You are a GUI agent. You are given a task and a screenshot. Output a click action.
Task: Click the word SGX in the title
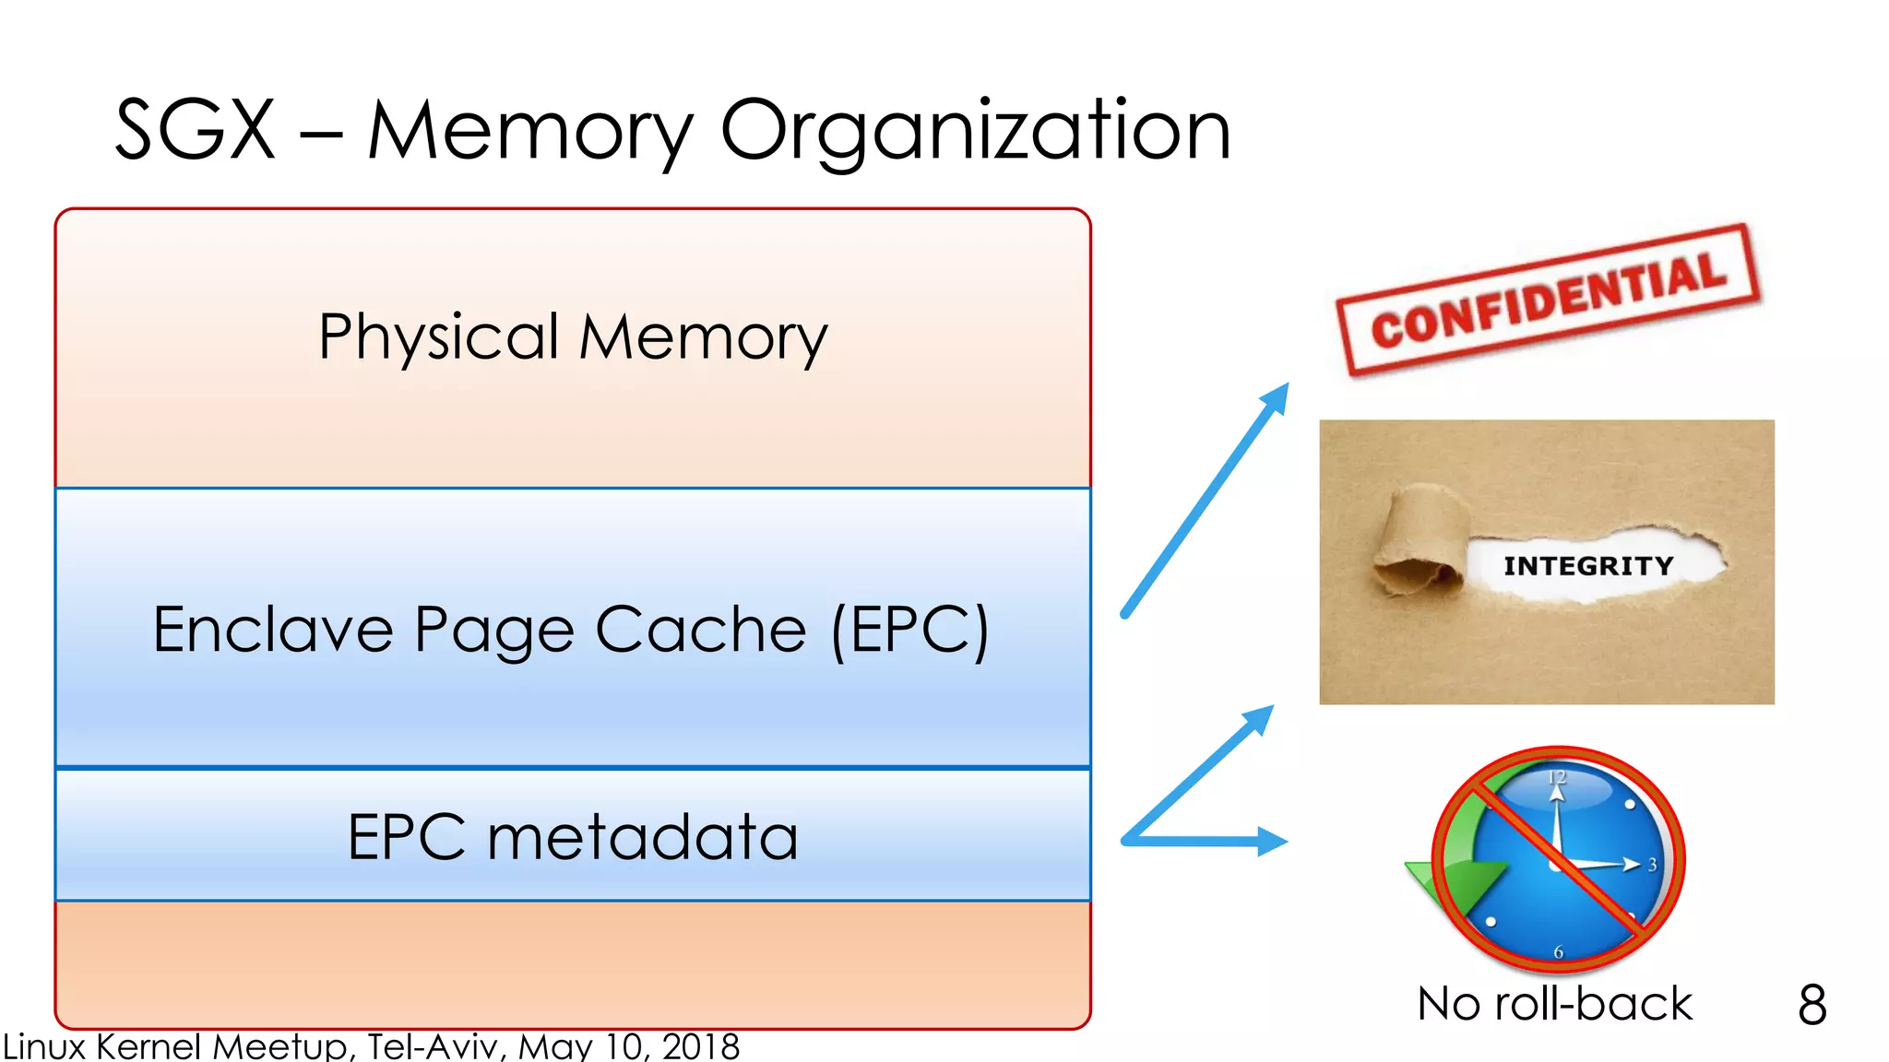point(195,131)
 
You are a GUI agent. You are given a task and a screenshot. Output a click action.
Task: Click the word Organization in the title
point(975,131)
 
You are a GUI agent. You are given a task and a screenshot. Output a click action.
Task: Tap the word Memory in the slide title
point(530,131)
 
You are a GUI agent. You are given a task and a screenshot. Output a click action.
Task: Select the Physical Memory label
point(573,337)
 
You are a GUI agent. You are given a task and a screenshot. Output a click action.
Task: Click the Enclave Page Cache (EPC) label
point(571,631)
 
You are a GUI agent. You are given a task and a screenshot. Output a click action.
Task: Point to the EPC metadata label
point(573,837)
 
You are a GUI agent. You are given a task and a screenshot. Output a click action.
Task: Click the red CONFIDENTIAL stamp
point(1549,301)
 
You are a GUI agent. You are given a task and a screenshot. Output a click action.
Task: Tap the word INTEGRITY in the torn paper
point(1588,566)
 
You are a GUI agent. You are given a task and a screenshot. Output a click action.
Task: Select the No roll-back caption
point(1554,1004)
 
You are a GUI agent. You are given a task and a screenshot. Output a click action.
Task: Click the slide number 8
point(1812,1005)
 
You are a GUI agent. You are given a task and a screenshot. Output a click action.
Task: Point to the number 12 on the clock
point(1557,777)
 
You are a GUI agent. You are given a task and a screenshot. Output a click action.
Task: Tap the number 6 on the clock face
point(1559,951)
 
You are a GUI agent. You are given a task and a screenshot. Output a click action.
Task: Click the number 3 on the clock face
point(1652,865)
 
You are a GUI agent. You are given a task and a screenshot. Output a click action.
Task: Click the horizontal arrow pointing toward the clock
point(1208,841)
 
